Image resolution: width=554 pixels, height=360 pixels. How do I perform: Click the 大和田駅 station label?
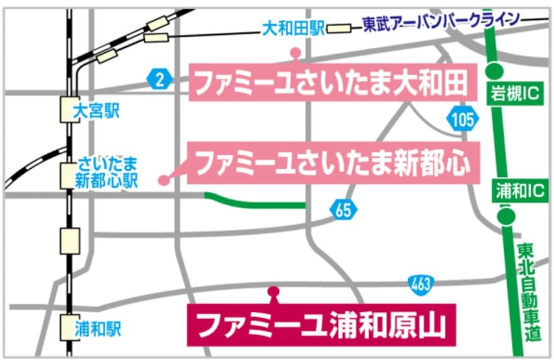(x=293, y=29)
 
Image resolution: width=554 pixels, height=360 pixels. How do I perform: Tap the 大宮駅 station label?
(x=96, y=112)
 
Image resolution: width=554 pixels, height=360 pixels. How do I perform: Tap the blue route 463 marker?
(x=421, y=284)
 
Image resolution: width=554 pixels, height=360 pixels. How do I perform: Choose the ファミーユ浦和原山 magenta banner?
(x=322, y=324)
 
